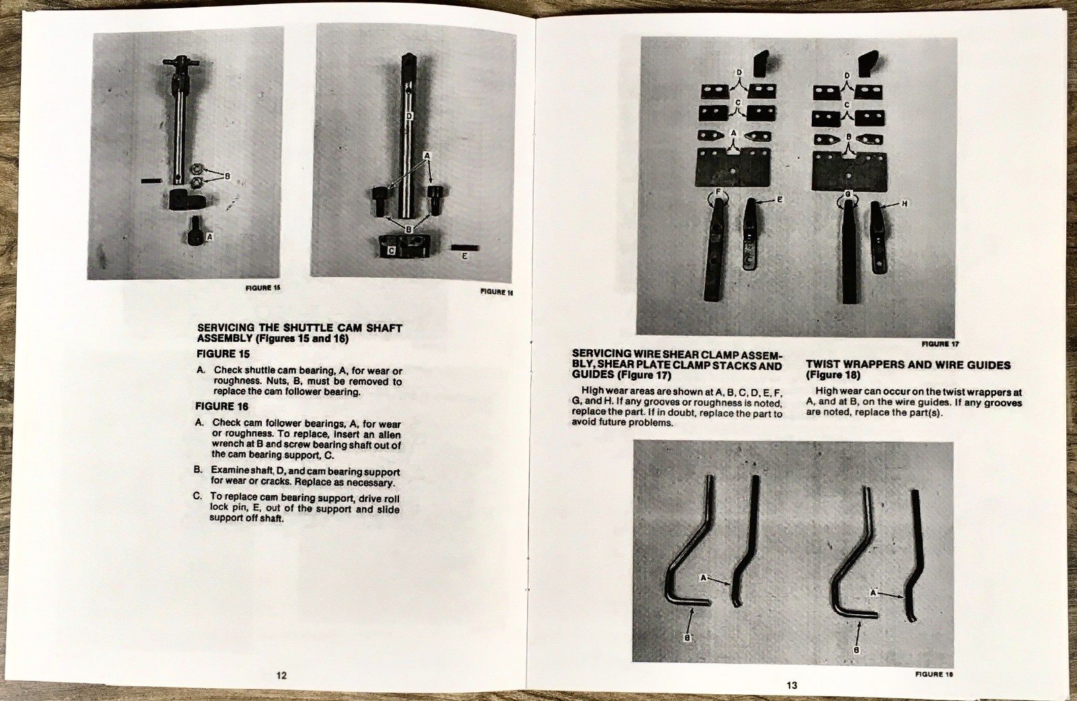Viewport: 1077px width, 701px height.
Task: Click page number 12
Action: (281, 675)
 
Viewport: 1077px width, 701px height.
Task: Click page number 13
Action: (792, 685)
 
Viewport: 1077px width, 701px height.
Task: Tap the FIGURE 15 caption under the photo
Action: (263, 288)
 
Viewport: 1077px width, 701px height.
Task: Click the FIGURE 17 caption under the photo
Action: (940, 344)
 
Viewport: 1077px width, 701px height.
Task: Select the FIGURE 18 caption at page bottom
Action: (934, 673)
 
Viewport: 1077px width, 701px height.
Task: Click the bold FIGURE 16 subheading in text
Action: (222, 406)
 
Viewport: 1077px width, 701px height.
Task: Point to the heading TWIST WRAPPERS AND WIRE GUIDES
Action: (907, 365)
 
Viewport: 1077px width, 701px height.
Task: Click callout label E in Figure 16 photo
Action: (464, 256)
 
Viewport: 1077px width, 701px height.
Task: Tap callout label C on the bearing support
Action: (392, 250)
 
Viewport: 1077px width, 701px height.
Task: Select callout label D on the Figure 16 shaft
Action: (409, 116)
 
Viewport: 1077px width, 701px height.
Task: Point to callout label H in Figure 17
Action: (904, 203)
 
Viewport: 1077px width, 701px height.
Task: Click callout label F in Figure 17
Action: (718, 193)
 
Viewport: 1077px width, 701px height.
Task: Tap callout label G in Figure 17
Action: (847, 194)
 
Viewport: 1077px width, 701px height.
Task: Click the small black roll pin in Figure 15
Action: (151, 180)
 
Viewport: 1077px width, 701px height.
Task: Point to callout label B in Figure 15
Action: (227, 177)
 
